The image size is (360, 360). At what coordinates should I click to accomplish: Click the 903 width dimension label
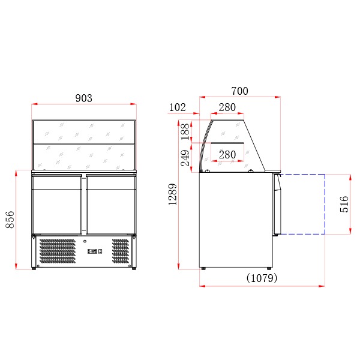point(84,98)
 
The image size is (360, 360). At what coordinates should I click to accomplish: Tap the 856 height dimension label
point(10,220)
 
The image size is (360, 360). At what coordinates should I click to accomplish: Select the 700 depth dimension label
point(239,91)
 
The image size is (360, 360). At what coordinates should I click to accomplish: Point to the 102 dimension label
point(177,107)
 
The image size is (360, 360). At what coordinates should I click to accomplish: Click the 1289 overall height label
point(172,194)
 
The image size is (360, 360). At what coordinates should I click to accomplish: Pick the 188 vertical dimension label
point(185,131)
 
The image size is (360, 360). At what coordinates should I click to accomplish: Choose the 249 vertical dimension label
point(185,158)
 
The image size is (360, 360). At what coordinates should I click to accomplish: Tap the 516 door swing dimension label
point(344,204)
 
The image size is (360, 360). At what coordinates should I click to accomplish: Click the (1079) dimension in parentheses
point(262,278)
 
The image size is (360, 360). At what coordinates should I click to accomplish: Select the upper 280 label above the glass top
point(227,107)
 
